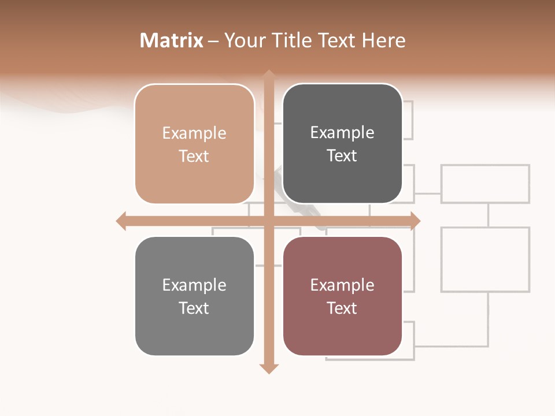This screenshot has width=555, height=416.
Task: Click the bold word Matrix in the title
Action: coord(172,40)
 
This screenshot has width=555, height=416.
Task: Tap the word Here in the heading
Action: coord(383,40)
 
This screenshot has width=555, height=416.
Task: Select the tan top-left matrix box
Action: coord(194,144)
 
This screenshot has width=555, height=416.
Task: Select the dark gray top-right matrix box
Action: coord(342,143)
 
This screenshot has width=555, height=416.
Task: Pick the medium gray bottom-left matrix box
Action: coord(194,296)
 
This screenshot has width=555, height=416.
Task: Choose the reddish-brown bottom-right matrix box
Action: coord(342,296)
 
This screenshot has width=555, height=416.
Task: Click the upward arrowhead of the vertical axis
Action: coord(269,75)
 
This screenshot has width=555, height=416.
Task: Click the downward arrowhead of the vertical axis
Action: coord(269,368)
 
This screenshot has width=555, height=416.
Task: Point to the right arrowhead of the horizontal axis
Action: coord(415,221)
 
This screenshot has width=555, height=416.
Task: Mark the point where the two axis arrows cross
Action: coord(269,221)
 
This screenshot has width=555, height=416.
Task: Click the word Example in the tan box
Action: coord(194,133)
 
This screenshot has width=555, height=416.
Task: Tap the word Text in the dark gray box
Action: coord(342,156)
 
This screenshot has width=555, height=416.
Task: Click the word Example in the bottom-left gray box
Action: coord(194,285)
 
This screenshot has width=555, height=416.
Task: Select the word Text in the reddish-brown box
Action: coord(342,308)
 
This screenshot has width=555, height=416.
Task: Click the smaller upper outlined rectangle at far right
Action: coord(486,184)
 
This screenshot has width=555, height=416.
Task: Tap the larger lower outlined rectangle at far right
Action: coord(486,259)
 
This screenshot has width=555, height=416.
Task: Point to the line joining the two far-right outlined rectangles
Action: coord(488,215)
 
